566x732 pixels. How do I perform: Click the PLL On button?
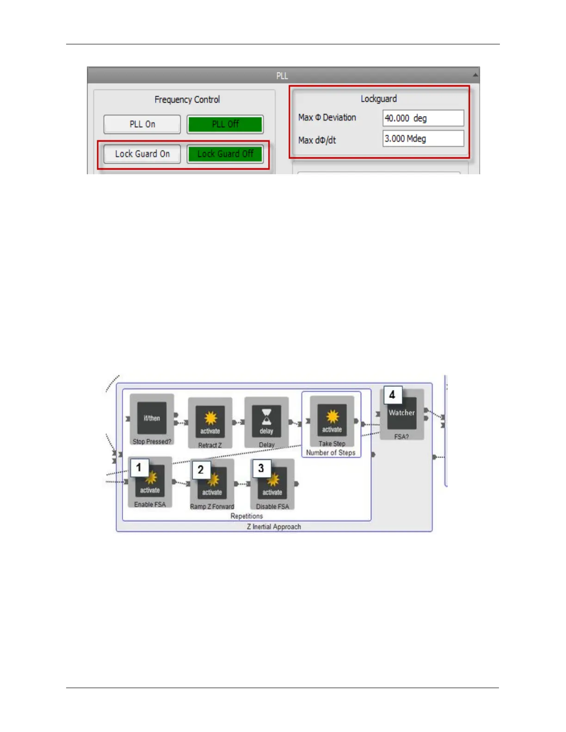point(142,124)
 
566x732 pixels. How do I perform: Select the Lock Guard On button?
point(142,154)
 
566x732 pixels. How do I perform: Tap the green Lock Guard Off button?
point(225,154)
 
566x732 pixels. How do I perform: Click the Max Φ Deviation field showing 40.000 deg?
point(423,118)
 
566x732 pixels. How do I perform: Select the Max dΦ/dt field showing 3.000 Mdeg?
point(423,139)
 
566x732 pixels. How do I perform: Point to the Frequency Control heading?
point(187,99)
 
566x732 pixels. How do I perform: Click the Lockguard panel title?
point(378,98)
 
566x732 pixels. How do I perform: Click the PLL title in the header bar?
point(282,76)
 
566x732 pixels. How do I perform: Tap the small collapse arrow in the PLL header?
point(475,75)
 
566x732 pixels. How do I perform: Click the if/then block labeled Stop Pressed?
point(152,418)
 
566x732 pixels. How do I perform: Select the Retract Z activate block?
point(210,421)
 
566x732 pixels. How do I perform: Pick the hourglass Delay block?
point(266,421)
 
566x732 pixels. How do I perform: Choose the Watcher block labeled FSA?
point(401,414)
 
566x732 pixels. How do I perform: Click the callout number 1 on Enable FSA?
point(139,468)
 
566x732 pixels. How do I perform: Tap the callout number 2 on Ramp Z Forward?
point(201,470)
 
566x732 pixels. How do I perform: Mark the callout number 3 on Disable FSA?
point(261,468)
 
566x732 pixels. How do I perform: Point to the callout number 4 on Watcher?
point(392,395)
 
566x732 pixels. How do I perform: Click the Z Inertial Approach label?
point(274,527)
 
